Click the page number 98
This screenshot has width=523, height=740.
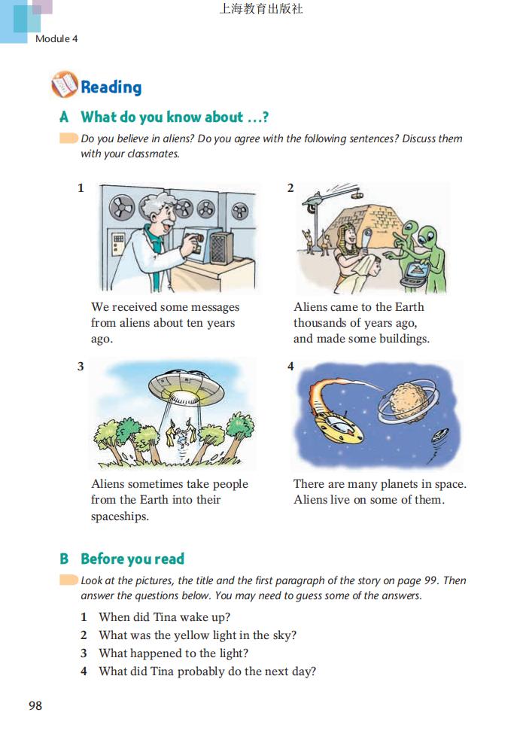click(35, 705)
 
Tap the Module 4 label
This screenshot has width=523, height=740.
click(56, 38)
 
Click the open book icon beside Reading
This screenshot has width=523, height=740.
click(65, 85)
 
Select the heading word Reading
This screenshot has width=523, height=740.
click(111, 87)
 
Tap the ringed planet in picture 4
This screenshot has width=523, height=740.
click(409, 402)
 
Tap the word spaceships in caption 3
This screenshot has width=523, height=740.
click(120, 516)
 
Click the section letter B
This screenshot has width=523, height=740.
click(64, 559)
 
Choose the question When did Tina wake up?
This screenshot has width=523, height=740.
click(165, 617)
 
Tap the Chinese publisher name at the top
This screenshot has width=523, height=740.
click(261, 8)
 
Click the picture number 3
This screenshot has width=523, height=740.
click(81, 366)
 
